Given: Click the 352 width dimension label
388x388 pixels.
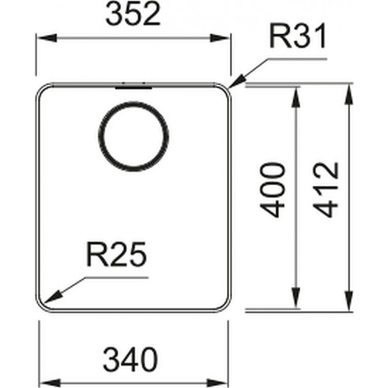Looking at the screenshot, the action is pos(133,14).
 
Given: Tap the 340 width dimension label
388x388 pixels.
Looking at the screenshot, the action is pos(130,359).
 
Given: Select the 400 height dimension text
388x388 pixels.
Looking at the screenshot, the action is pos(273,190).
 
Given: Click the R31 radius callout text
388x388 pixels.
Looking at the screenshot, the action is pos(298,36).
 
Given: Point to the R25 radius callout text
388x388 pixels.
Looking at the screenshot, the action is pos(116,254).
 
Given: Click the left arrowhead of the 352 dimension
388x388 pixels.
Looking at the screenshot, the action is pos(47,38).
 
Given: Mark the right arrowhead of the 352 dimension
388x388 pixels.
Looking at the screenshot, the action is pos(220,38).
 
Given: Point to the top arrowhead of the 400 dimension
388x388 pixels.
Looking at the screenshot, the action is pos(296,97).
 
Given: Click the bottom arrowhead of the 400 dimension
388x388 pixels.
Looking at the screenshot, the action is pos(296,298).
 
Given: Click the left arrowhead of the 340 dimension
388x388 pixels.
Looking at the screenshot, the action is pos(50,382).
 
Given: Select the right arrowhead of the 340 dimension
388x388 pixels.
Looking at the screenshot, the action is pos(217,382).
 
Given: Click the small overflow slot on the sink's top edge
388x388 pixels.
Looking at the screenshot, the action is pos(134,87).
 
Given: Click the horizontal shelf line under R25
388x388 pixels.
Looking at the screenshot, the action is pos(116,278).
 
